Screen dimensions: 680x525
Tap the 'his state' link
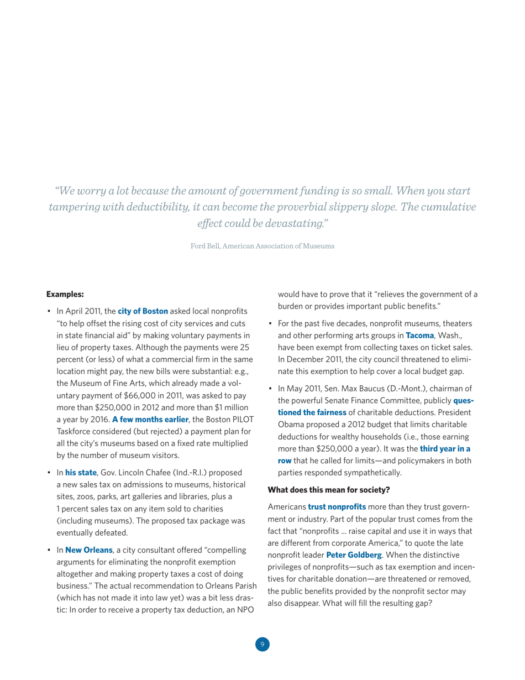(81, 457)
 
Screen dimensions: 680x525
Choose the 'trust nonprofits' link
(337, 490)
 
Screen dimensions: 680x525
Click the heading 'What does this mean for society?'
(329, 474)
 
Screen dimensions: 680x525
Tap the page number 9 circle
(262, 644)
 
